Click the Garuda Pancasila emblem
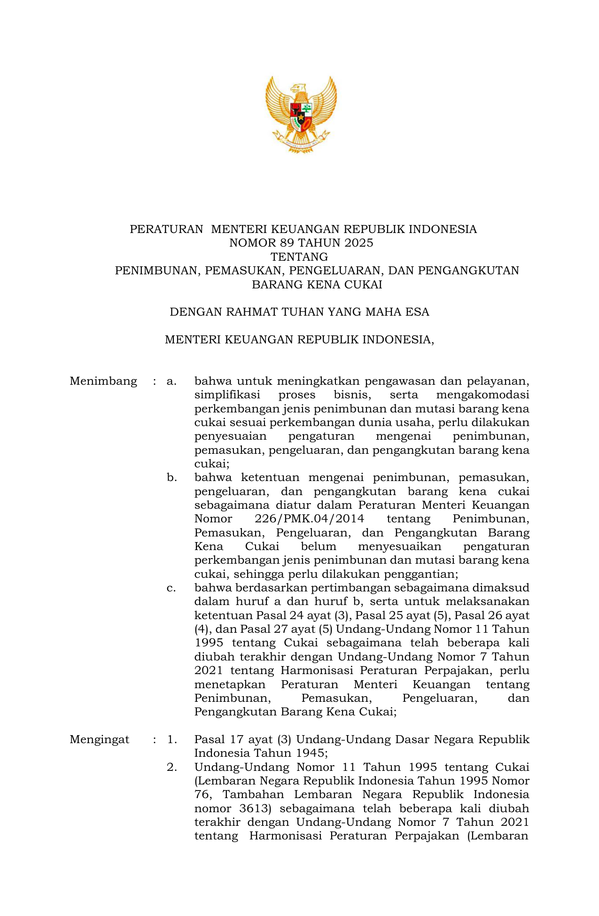[x=301, y=114]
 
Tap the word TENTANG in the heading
[x=299, y=257]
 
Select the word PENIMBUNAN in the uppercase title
[x=156, y=271]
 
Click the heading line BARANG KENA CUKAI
[x=317, y=285]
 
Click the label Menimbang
[x=103, y=381]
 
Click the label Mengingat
[x=100, y=739]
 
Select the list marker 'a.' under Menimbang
[x=171, y=381]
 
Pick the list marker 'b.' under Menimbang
[x=171, y=478]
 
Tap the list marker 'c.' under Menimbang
[x=171, y=588]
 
